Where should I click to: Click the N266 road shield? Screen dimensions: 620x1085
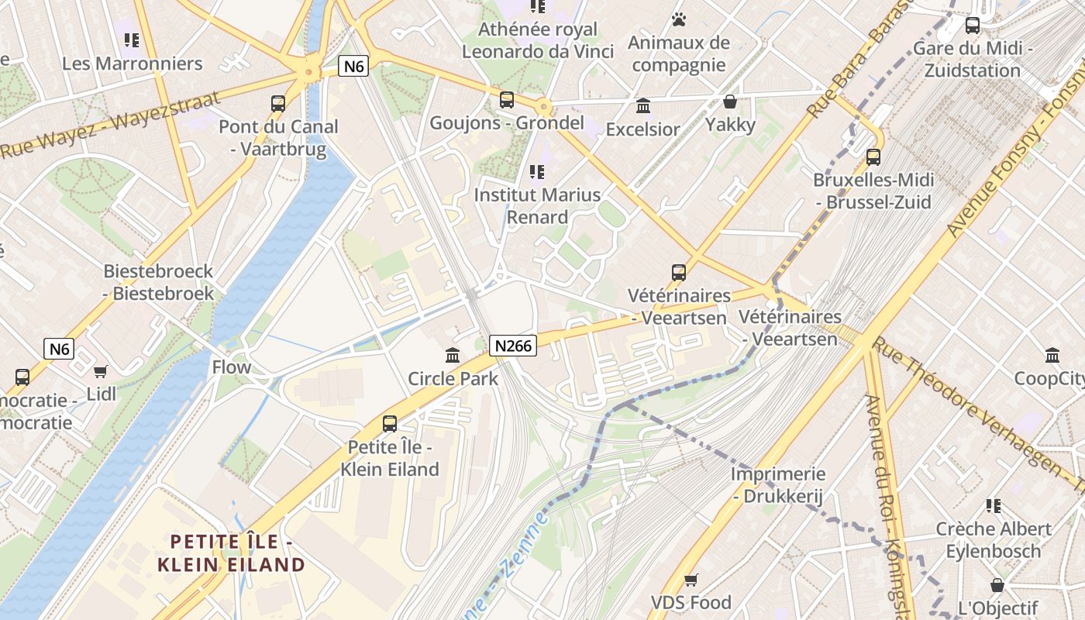[513, 346]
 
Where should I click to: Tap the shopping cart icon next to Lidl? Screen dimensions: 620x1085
[101, 371]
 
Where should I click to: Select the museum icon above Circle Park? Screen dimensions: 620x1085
[453, 356]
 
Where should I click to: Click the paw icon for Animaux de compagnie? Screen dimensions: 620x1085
[679, 19]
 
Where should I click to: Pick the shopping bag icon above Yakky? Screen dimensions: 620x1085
[729, 102]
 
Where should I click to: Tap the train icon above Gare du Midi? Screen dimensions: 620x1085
[973, 26]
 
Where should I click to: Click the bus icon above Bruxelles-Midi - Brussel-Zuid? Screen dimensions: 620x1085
[873, 157]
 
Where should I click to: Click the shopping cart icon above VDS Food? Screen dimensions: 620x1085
[691, 580]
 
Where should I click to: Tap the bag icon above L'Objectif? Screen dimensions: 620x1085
[997, 585]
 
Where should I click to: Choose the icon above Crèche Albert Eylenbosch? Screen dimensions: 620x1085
[994, 506]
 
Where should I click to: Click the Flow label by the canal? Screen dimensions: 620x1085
[232, 367]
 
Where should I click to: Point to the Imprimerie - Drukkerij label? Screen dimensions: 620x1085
[779, 485]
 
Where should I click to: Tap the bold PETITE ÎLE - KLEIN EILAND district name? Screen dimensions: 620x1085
[231, 553]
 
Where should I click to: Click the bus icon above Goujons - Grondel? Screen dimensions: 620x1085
[507, 100]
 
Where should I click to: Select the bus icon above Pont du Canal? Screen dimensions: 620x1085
[277, 103]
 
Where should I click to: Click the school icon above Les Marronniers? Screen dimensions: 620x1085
[132, 40]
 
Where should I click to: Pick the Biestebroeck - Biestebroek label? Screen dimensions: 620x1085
[159, 282]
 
